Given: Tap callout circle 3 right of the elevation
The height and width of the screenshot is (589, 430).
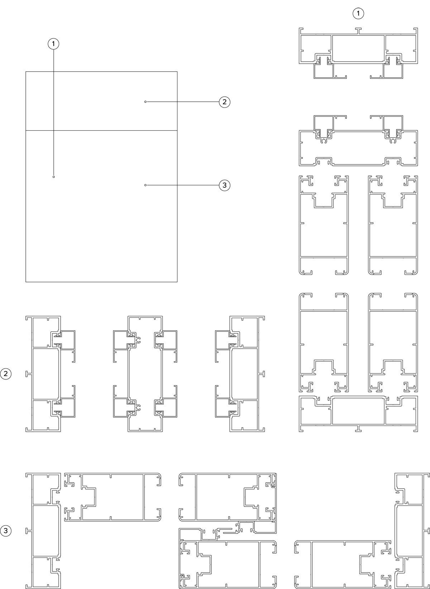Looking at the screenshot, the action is pyautogui.click(x=224, y=185).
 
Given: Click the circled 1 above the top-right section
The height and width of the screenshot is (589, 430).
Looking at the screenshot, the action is pyautogui.click(x=358, y=13).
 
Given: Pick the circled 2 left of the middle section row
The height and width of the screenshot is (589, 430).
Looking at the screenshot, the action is pyautogui.click(x=6, y=374).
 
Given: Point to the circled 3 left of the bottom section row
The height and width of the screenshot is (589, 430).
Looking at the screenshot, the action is pyautogui.click(x=6, y=530).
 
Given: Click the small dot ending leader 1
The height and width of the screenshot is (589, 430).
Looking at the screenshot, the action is pyautogui.click(x=54, y=177).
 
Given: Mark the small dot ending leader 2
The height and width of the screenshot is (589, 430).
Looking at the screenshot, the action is pyautogui.click(x=145, y=102).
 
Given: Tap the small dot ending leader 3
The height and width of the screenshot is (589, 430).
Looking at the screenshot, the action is pyautogui.click(x=145, y=185).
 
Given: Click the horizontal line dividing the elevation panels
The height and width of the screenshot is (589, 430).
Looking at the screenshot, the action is pyautogui.click(x=101, y=130).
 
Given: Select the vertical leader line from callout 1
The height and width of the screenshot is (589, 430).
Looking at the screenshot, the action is pyautogui.click(x=54, y=112).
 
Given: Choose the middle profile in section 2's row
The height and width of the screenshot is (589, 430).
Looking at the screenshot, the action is pyautogui.click(x=145, y=374).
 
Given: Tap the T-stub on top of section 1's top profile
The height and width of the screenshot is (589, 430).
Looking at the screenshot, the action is pyautogui.click(x=358, y=31).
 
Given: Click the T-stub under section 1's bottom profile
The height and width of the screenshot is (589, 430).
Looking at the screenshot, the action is pyautogui.click(x=358, y=428).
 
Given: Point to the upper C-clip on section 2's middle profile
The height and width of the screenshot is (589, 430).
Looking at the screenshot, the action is pyautogui.click(x=138, y=340).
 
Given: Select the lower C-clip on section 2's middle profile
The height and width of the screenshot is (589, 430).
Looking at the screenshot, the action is pyautogui.click(x=138, y=408).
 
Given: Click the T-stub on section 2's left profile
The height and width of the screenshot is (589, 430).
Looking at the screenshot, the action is pyautogui.click(x=28, y=374).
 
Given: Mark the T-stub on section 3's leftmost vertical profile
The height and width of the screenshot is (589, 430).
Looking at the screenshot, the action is pyautogui.click(x=28, y=531).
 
